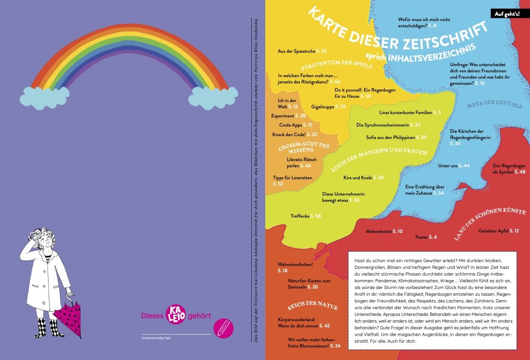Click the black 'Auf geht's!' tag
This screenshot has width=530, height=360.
tap(505, 13)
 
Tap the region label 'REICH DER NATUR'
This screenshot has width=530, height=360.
tap(312, 307)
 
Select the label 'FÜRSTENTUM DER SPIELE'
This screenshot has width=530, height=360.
tap(336, 63)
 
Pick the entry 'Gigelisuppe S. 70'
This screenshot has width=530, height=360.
tap(328, 106)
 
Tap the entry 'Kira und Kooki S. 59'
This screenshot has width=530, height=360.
tap(363, 178)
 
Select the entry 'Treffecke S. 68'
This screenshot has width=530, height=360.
tap(306, 216)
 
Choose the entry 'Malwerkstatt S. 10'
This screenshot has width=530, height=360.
tap(384, 232)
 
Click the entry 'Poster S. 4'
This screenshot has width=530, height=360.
tap(426, 237)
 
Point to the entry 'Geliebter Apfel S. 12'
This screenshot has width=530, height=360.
tap(498, 231)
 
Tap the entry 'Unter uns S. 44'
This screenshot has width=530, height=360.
tap(453, 166)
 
